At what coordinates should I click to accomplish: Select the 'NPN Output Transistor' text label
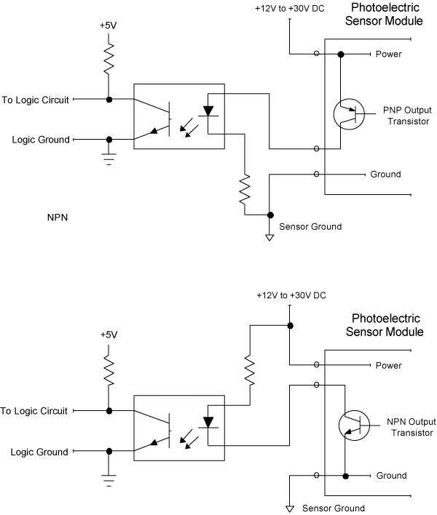(x=405, y=427)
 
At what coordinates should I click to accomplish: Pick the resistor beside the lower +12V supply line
(x=250, y=370)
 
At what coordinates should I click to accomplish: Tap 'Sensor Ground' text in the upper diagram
(x=310, y=227)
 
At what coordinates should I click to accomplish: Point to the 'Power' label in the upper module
(x=388, y=54)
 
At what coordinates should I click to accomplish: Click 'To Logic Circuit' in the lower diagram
(x=36, y=411)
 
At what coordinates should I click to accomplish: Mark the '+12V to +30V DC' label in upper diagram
(x=288, y=9)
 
